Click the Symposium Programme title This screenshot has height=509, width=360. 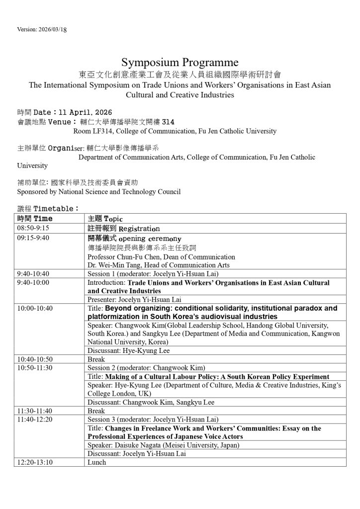click(x=180, y=63)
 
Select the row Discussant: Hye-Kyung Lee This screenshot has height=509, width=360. click(x=128, y=350)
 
